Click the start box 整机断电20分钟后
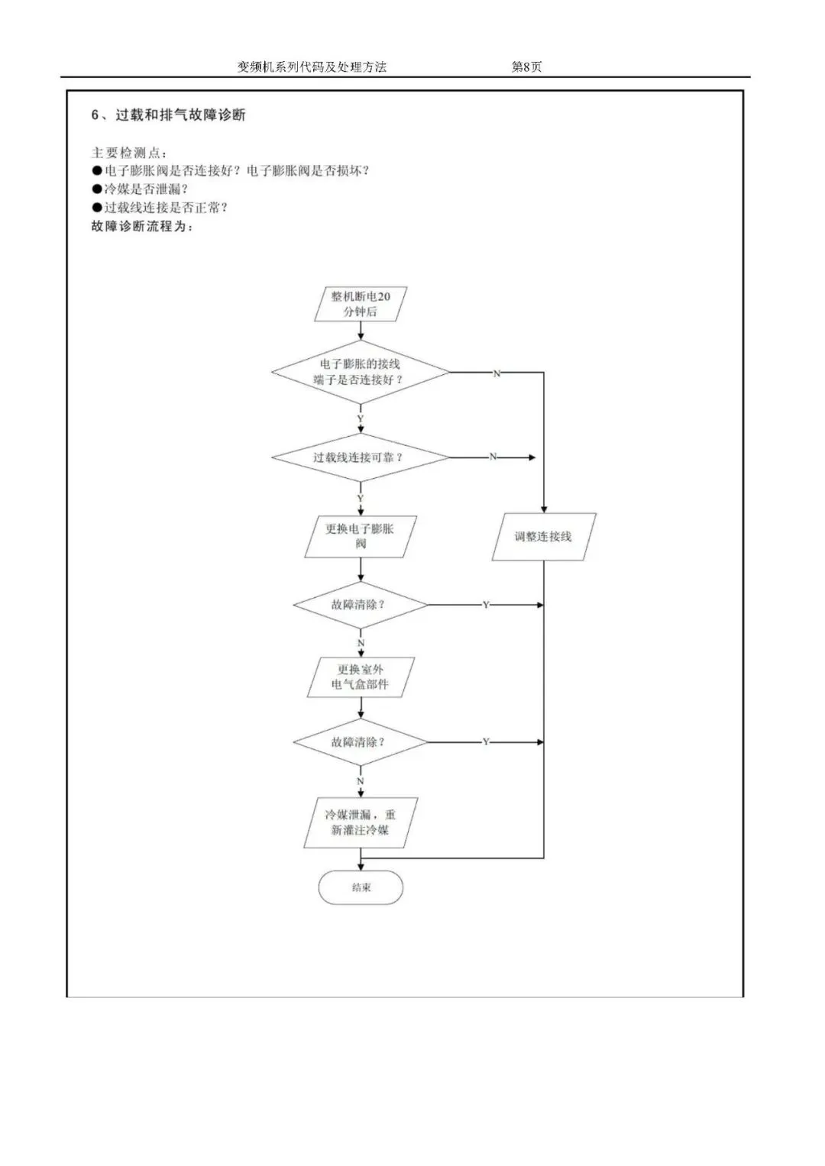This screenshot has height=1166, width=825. click(x=361, y=304)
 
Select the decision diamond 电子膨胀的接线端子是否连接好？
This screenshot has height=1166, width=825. click(x=361, y=373)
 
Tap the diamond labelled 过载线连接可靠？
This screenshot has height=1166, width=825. click(x=361, y=457)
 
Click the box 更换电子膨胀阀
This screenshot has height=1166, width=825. click(x=361, y=536)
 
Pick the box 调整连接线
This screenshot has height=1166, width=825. click(x=543, y=537)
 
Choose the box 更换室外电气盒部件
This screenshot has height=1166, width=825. click(x=361, y=677)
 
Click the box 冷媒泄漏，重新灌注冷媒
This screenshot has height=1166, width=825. click(x=361, y=822)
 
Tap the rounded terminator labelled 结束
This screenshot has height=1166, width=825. click(x=361, y=887)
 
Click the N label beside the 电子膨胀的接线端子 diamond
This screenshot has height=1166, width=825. click(x=497, y=373)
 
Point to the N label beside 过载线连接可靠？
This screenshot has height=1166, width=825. click(x=493, y=457)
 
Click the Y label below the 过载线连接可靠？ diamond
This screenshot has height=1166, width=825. click(x=361, y=499)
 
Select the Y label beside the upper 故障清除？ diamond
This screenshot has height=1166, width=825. click(x=486, y=605)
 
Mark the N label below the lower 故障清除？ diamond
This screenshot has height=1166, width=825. click(x=361, y=781)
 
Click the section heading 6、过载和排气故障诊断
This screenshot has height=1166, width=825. click(x=169, y=115)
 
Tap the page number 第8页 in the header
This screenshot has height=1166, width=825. click(x=526, y=67)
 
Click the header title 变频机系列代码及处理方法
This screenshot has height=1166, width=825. click(x=312, y=67)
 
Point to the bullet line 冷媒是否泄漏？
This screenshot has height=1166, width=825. click(x=145, y=189)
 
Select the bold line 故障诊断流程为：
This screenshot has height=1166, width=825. click(x=143, y=227)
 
